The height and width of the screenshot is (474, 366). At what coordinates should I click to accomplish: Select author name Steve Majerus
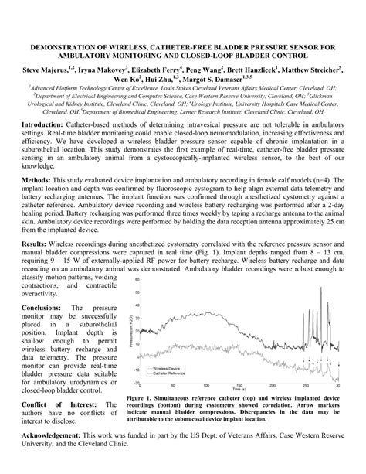pos(46,69)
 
